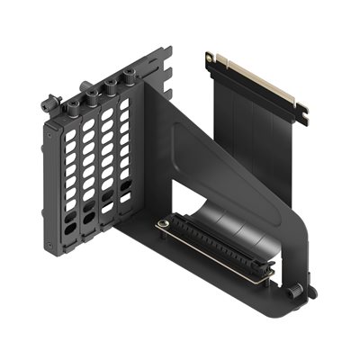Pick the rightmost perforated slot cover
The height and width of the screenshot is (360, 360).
click(123, 148)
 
